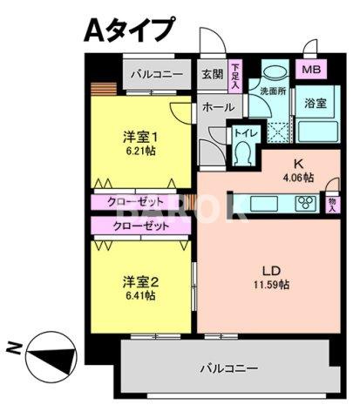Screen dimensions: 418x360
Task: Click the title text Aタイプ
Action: (127, 30)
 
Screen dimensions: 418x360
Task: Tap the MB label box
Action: (309, 69)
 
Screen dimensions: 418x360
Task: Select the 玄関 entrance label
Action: (212, 75)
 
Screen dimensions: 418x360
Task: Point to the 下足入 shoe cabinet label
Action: (236, 76)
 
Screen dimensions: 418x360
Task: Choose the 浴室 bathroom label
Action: (315, 104)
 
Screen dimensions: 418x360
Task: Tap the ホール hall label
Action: (217, 107)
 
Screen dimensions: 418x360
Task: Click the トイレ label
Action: (243, 134)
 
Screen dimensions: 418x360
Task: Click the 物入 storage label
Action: (333, 204)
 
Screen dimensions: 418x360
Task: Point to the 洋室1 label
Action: (139, 136)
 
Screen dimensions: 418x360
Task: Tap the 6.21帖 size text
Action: (139, 150)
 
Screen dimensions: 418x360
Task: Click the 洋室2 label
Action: (139, 281)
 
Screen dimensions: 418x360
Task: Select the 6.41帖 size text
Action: (139, 295)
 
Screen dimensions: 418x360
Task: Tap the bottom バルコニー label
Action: (228, 368)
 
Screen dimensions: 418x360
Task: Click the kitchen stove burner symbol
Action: (307, 205)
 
